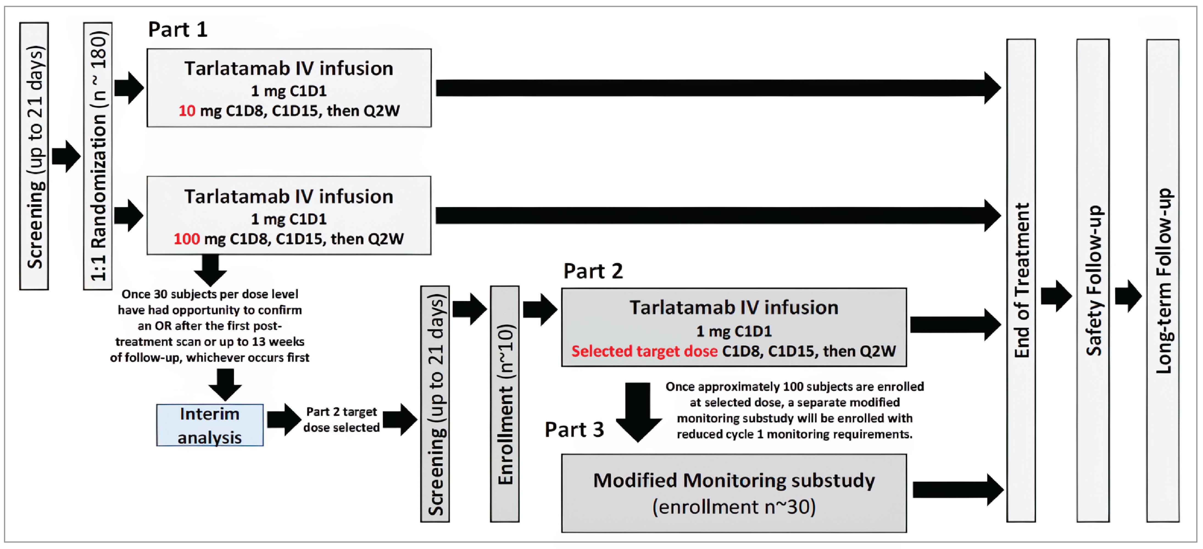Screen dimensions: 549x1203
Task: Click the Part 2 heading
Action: pyautogui.click(x=593, y=271)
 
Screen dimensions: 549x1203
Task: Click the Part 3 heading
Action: pyautogui.click(x=574, y=430)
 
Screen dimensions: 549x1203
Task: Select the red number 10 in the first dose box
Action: pyautogui.click(x=187, y=111)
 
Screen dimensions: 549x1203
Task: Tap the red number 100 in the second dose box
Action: pyautogui.click(x=186, y=239)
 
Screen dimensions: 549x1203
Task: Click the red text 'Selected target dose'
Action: pyautogui.click(x=644, y=351)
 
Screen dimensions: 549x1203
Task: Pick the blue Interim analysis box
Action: pyautogui.click(x=210, y=425)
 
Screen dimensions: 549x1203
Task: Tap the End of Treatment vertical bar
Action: pyautogui.click(x=1021, y=280)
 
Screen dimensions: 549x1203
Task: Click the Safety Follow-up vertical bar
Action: pyautogui.click(x=1093, y=280)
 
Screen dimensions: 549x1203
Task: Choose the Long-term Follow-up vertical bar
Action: pyautogui.click(x=1163, y=280)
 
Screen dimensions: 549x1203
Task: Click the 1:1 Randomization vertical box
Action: pyautogui.click(x=98, y=156)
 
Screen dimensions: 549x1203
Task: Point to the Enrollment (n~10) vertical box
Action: pyautogui.click(x=504, y=404)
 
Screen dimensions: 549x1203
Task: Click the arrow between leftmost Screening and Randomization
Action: pyautogui.click(x=66, y=156)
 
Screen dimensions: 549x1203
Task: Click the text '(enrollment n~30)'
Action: pyautogui.click(x=734, y=507)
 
